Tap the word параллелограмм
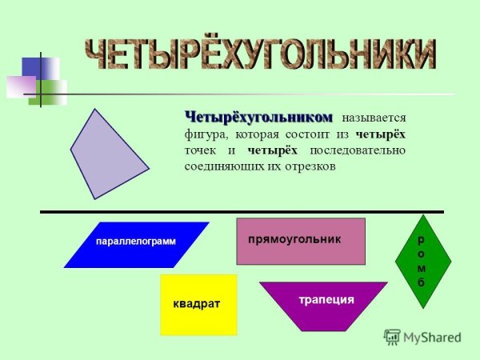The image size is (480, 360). [135, 241]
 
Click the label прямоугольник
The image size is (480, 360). [294, 239]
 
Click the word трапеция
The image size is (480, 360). [326, 300]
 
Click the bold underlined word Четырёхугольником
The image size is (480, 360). [258, 118]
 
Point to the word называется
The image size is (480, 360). [374, 119]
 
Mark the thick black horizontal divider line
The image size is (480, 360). [240, 211]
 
